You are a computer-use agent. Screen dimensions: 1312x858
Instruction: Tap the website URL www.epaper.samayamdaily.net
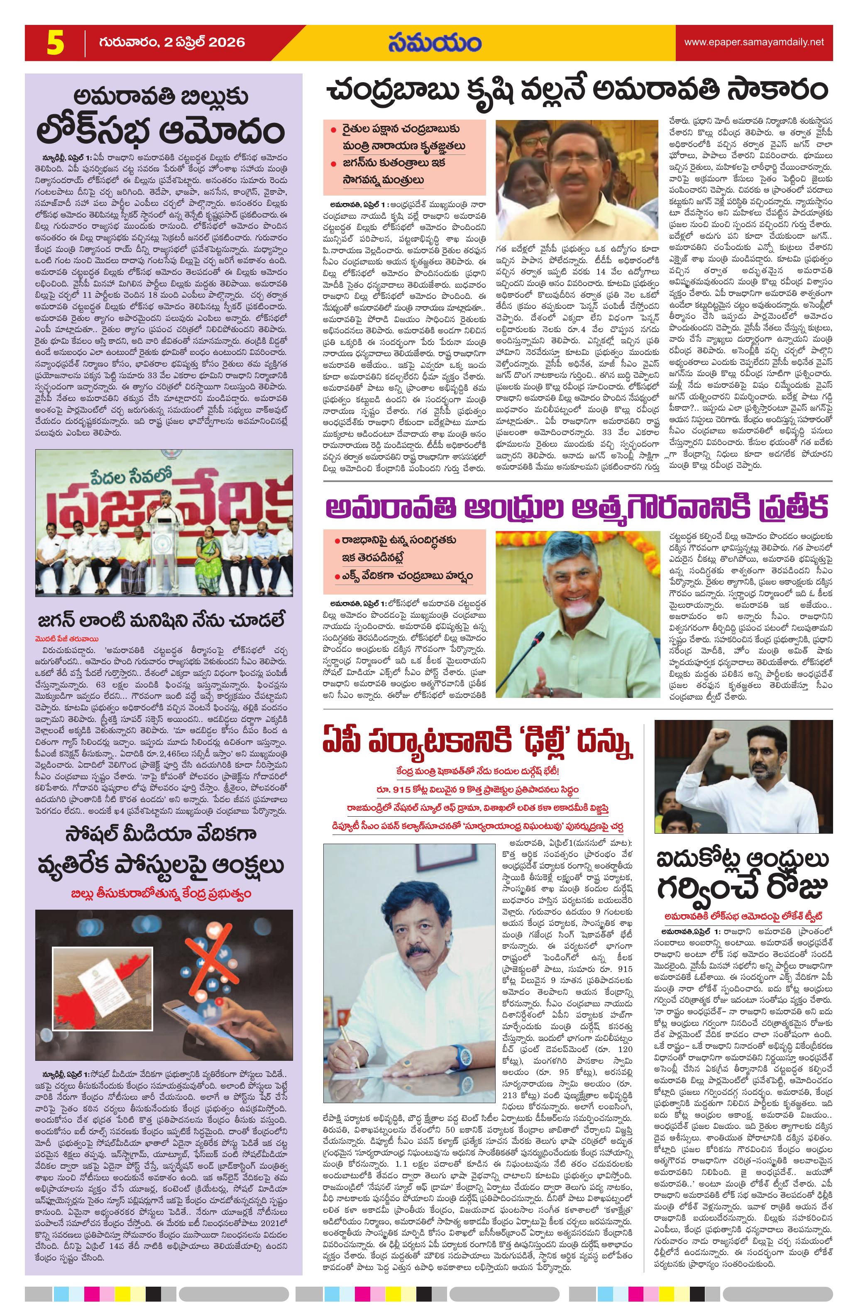[x=754, y=42]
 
